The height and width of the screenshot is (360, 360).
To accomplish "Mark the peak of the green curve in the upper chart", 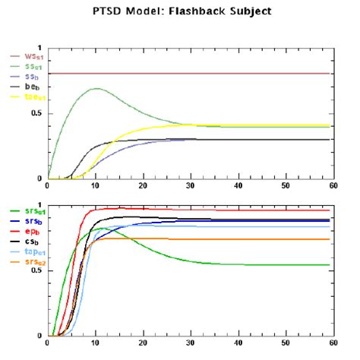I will [96, 88].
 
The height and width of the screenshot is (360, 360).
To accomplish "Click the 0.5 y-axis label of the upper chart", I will [36, 114].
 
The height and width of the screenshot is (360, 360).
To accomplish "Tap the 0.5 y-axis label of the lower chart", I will [36, 271].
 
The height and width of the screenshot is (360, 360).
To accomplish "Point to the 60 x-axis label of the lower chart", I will [332, 343].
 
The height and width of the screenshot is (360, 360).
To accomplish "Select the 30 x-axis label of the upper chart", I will [190, 186].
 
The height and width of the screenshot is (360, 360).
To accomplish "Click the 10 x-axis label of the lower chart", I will [95, 343].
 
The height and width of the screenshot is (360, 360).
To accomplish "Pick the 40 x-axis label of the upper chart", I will [237, 186].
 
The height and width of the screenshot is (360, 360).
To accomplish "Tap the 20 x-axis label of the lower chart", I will [143, 343].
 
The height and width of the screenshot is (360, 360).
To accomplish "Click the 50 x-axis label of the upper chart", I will [285, 186].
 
